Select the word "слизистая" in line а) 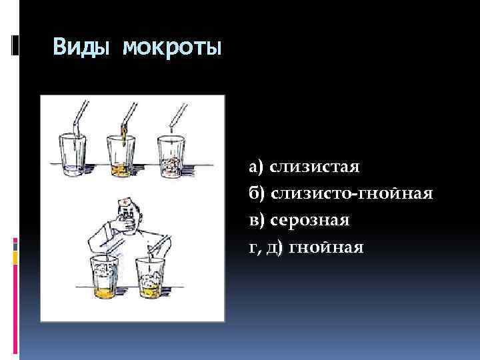[313, 165]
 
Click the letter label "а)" [257, 165]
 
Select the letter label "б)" [257, 193]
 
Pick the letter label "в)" [257, 220]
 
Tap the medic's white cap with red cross [127, 202]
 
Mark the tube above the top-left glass [81, 117]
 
